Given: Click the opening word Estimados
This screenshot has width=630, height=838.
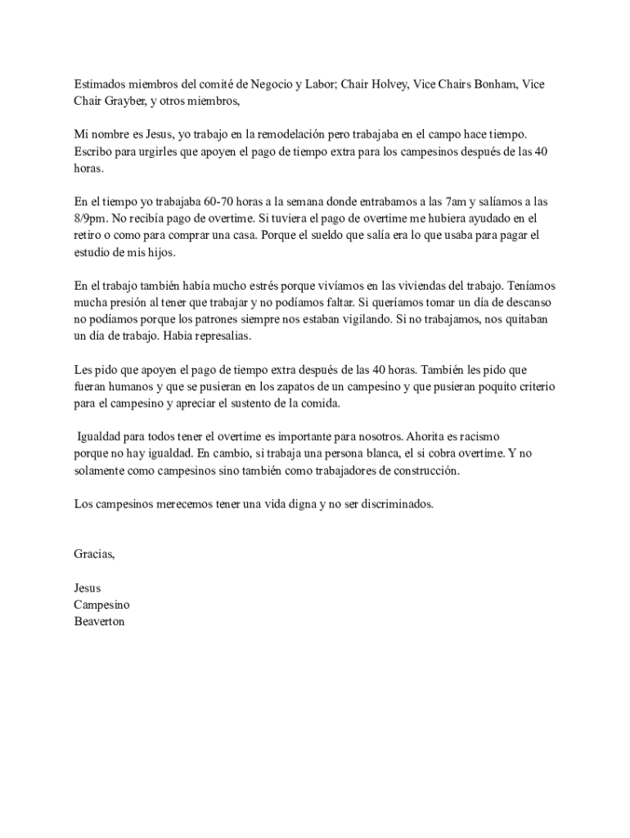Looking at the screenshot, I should pos(101,84).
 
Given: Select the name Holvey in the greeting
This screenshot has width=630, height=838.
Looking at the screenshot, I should pos(391,84).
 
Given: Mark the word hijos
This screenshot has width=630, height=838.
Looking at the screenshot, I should pos(159,253).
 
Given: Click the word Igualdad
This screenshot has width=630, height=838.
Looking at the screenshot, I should pos(101,437).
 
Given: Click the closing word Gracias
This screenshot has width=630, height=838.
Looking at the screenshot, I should pos(95,555).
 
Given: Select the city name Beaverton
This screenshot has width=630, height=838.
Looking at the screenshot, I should pos(99,621).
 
